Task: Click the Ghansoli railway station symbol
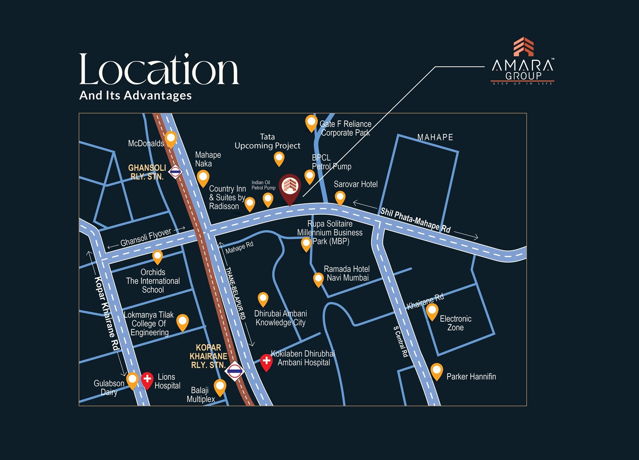(175, 172)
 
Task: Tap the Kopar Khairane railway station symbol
(235, 371)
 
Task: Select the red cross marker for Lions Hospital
(147, 379)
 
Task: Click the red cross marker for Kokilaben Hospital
(266, 361)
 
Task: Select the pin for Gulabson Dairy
(132, 380)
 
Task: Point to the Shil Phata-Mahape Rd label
(415, 220)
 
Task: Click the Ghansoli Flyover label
(146, 237)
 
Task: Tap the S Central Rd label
(401, 342)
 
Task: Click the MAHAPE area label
(435, 138)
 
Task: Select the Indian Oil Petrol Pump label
(263, 185)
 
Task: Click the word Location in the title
(159, 70)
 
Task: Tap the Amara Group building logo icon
(523, 47)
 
